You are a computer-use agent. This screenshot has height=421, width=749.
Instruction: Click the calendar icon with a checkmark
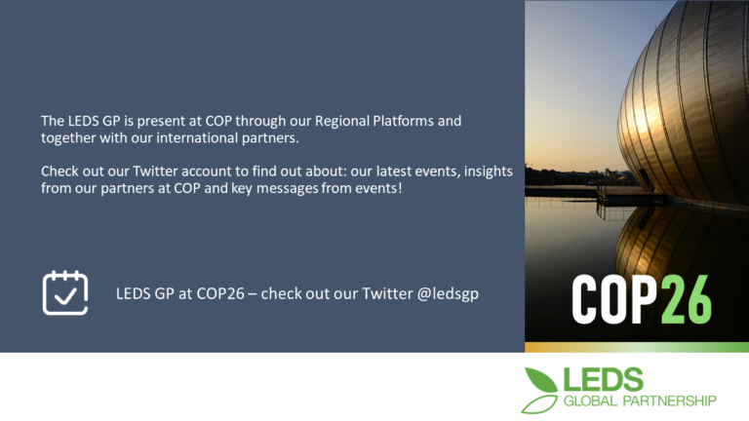[x=65, y=292]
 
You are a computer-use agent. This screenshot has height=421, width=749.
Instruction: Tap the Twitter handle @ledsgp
[x=448, y=294]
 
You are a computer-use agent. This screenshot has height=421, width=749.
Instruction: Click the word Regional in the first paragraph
[x=342, y=121]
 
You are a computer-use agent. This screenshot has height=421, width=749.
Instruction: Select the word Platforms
[x=403, y=121]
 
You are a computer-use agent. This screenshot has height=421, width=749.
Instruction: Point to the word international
[x=197, y=138]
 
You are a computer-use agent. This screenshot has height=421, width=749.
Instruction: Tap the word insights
[x=489, y=172]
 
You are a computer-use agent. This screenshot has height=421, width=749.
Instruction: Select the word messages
[x=287, y=189]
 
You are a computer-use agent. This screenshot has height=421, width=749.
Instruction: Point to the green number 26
[x=687, y=300]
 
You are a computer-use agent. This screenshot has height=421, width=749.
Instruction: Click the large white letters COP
[x=614, y=300]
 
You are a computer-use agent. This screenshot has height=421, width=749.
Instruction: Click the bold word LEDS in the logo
[x=604, y=379]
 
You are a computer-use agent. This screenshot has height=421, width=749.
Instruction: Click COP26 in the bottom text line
[x=220, y=293]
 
